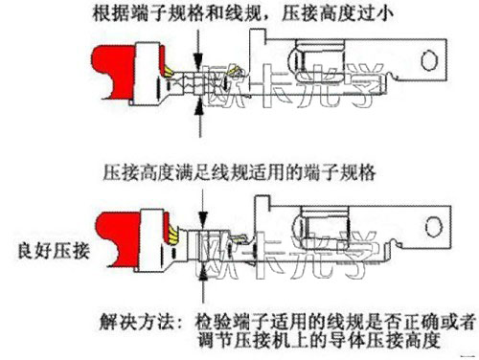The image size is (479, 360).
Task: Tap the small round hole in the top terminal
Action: click(428, 60)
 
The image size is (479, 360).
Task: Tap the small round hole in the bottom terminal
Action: click(434, 227)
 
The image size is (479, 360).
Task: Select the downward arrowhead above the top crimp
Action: click(198, 60)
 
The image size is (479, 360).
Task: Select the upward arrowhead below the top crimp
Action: click(199, 106)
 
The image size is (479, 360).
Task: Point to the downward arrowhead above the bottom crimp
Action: click(203, 218)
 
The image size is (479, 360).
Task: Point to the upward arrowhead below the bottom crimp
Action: click(203, 274)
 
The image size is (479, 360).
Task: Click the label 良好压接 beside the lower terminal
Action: click(54, 251)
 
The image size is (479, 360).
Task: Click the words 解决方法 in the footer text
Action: click(136, 322)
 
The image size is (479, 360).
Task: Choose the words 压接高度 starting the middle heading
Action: click(139, 172)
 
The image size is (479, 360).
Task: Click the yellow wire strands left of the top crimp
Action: click(169, 71)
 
